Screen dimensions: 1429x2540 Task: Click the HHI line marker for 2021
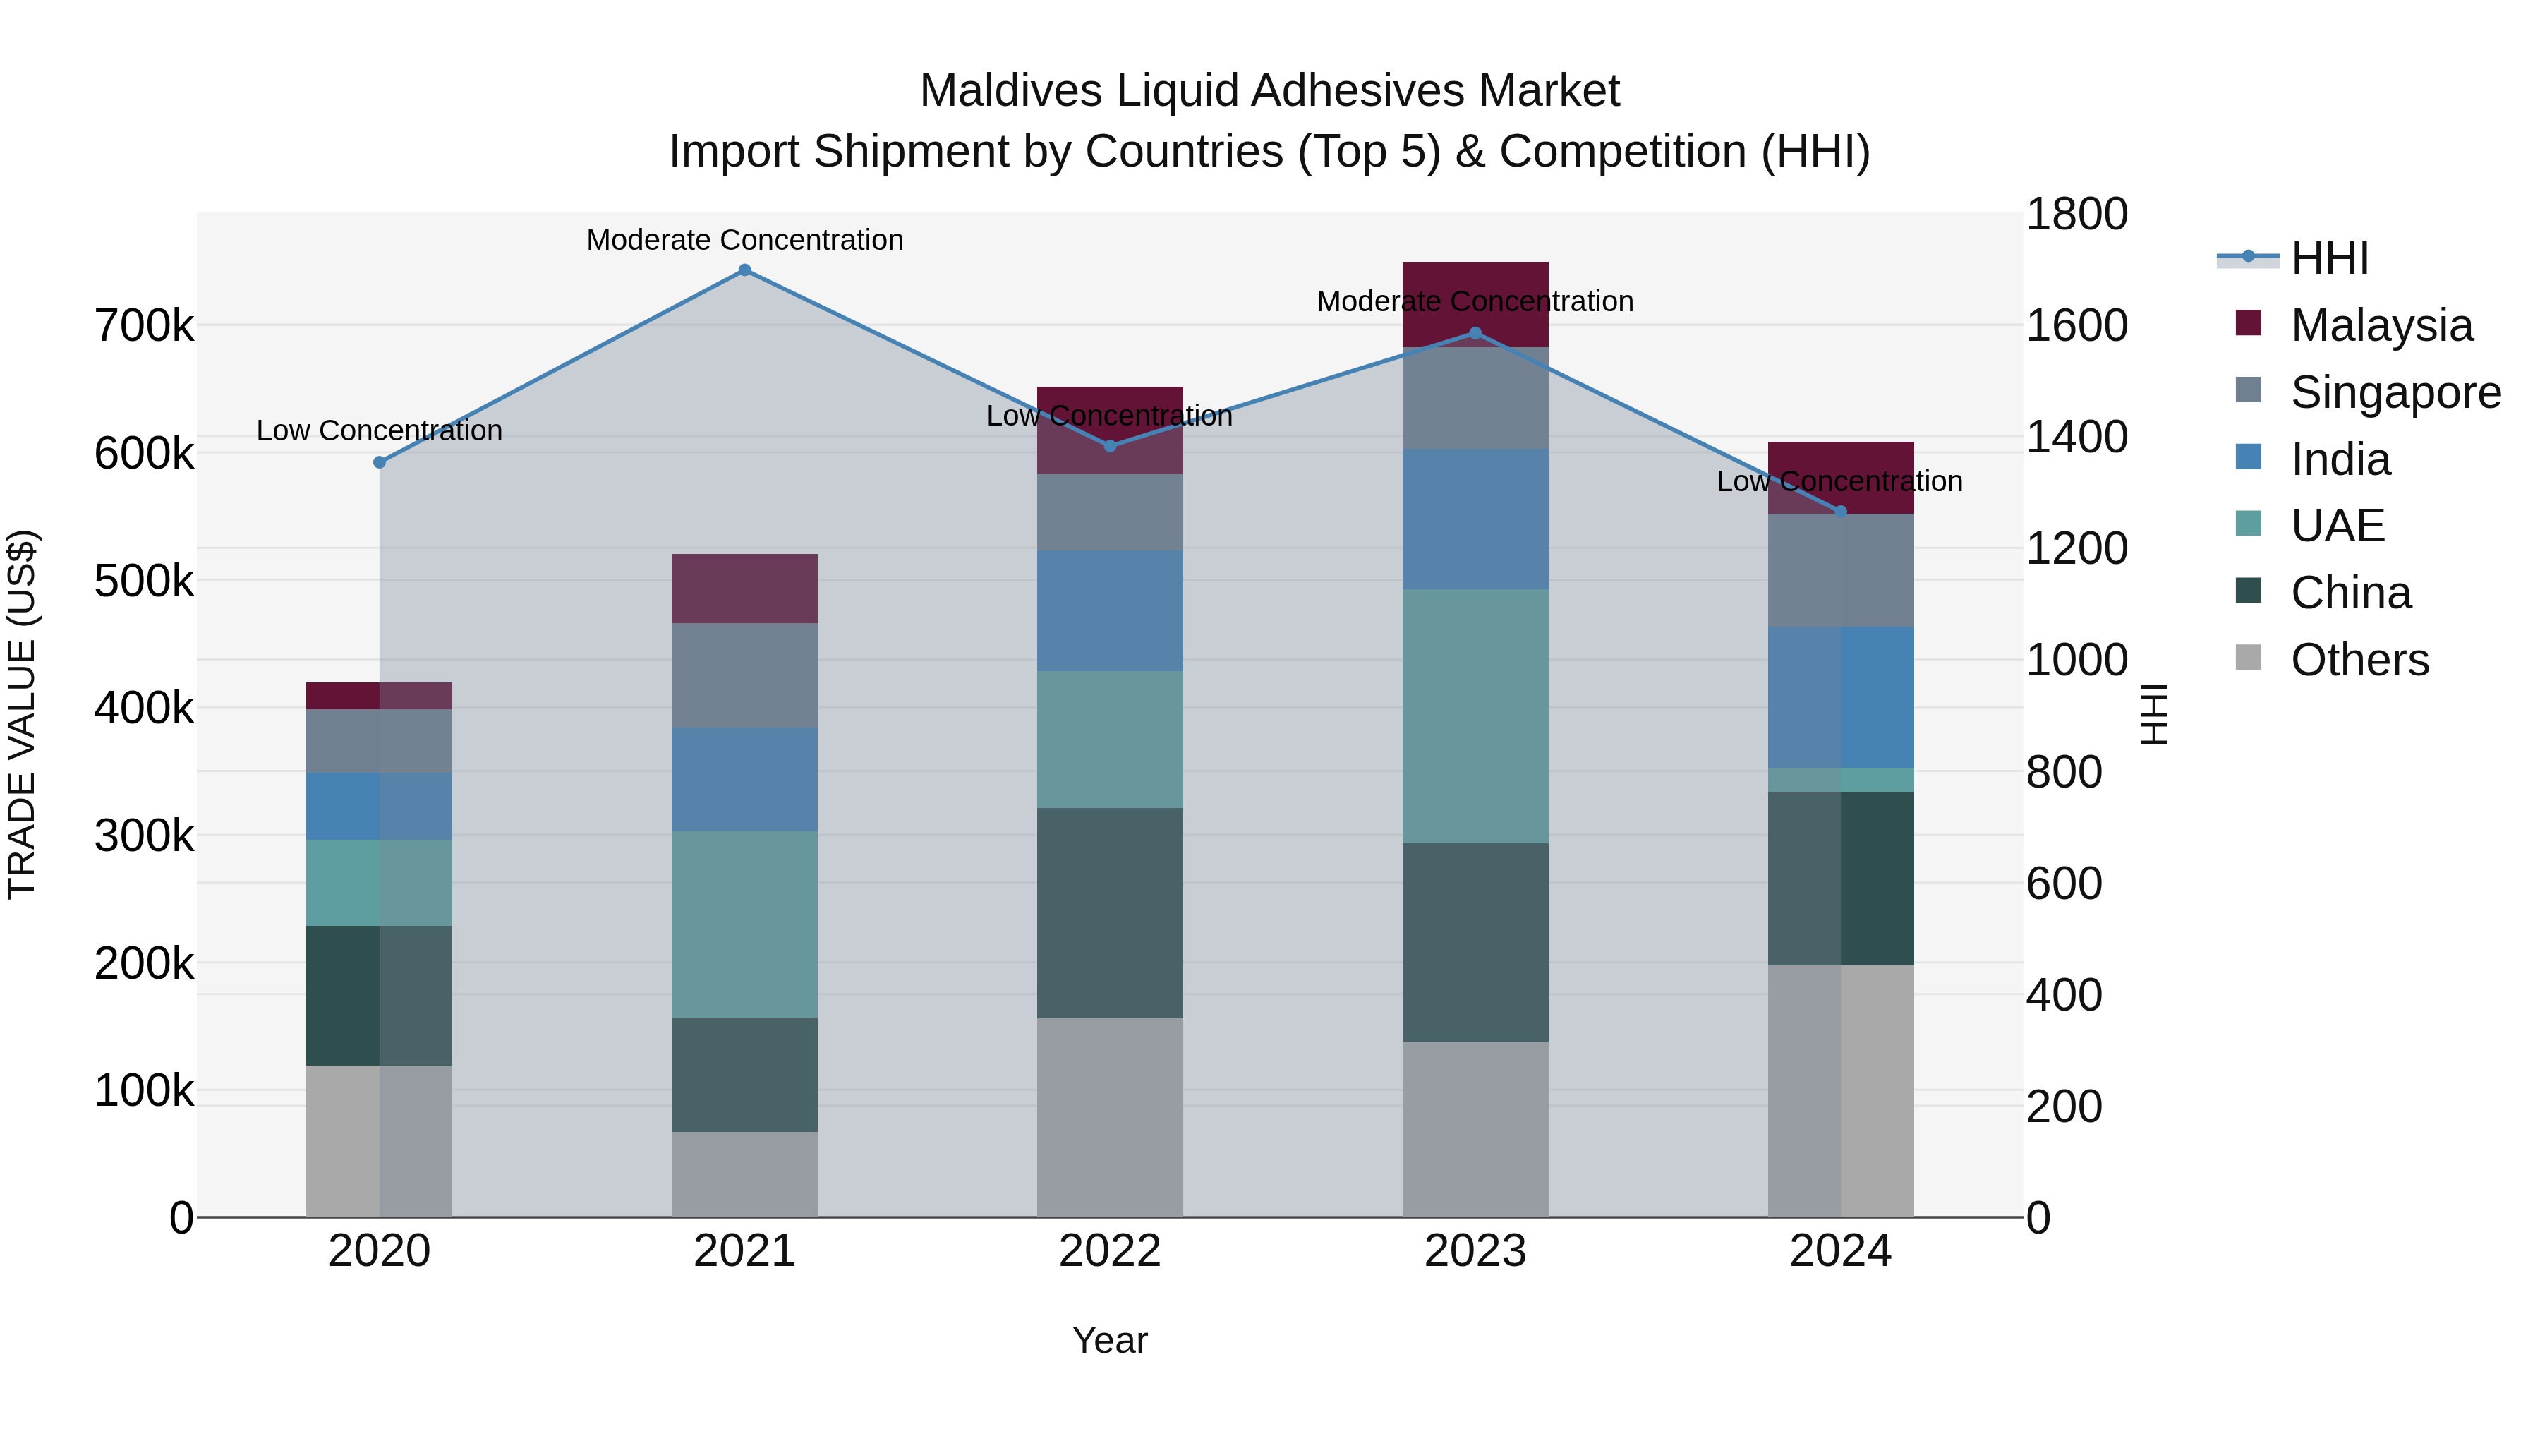click(x=744, y=270)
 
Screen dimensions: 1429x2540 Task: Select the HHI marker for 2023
click(x=1475, y=333)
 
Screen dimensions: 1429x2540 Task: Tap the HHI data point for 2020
click(x=380, y=462)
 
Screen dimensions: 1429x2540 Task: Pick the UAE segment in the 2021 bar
click(x=744, y=924)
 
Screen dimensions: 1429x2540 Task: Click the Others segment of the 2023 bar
click(x=1475, y=1128)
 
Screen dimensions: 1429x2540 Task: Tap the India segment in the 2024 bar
click(x=1840, y=697)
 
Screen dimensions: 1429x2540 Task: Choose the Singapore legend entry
click(x=2395, y=392)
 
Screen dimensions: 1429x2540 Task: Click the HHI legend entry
click(x=2329, y=258)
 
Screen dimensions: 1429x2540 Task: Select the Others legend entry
click(x=2359, y=660)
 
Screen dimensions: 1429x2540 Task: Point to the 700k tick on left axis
click(x=144, y=325)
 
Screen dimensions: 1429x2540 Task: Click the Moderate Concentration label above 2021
click(x=744, y=240)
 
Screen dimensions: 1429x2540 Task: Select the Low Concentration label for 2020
click(x=380, y=431)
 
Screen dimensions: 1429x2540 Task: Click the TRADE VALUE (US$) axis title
click(x=22, y=714)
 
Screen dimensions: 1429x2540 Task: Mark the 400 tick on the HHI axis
click(x=2063, y=995)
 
